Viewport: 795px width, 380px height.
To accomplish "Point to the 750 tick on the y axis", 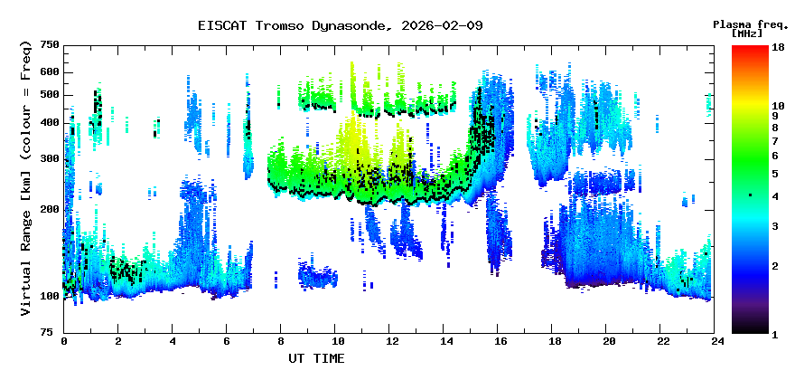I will [49, 44].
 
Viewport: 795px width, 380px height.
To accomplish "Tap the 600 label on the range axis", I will [49, 72].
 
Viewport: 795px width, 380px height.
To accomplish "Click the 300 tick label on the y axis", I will [49, 159].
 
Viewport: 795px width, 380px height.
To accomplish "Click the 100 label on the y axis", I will [49, 296].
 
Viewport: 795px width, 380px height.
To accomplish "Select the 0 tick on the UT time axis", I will [64, 342].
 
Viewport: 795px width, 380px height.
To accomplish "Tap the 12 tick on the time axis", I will [391, 342].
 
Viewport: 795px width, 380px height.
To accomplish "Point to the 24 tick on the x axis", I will [717, 342].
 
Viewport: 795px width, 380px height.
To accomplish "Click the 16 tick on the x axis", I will [500, 342].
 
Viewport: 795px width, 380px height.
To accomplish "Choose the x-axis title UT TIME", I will [316, 358].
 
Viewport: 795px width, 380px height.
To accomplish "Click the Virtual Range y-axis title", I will [26, 177].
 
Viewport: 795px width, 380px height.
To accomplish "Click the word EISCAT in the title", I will [220, 25].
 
